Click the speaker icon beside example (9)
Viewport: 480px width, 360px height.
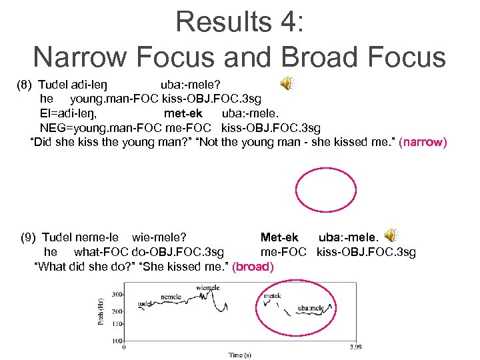coord(391,235)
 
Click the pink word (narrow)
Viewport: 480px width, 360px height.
coord(423,143)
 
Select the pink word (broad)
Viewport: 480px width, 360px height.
coord(253,267)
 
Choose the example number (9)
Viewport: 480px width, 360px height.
coord(29,237)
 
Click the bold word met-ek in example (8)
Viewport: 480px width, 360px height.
coord(183,113)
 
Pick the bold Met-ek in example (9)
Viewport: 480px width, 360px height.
coord(279,237)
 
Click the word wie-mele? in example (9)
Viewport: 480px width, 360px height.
coord(159,237)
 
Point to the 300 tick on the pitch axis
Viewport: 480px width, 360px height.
coord(117,294)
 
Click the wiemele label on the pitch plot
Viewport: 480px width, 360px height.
coord(208,288)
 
